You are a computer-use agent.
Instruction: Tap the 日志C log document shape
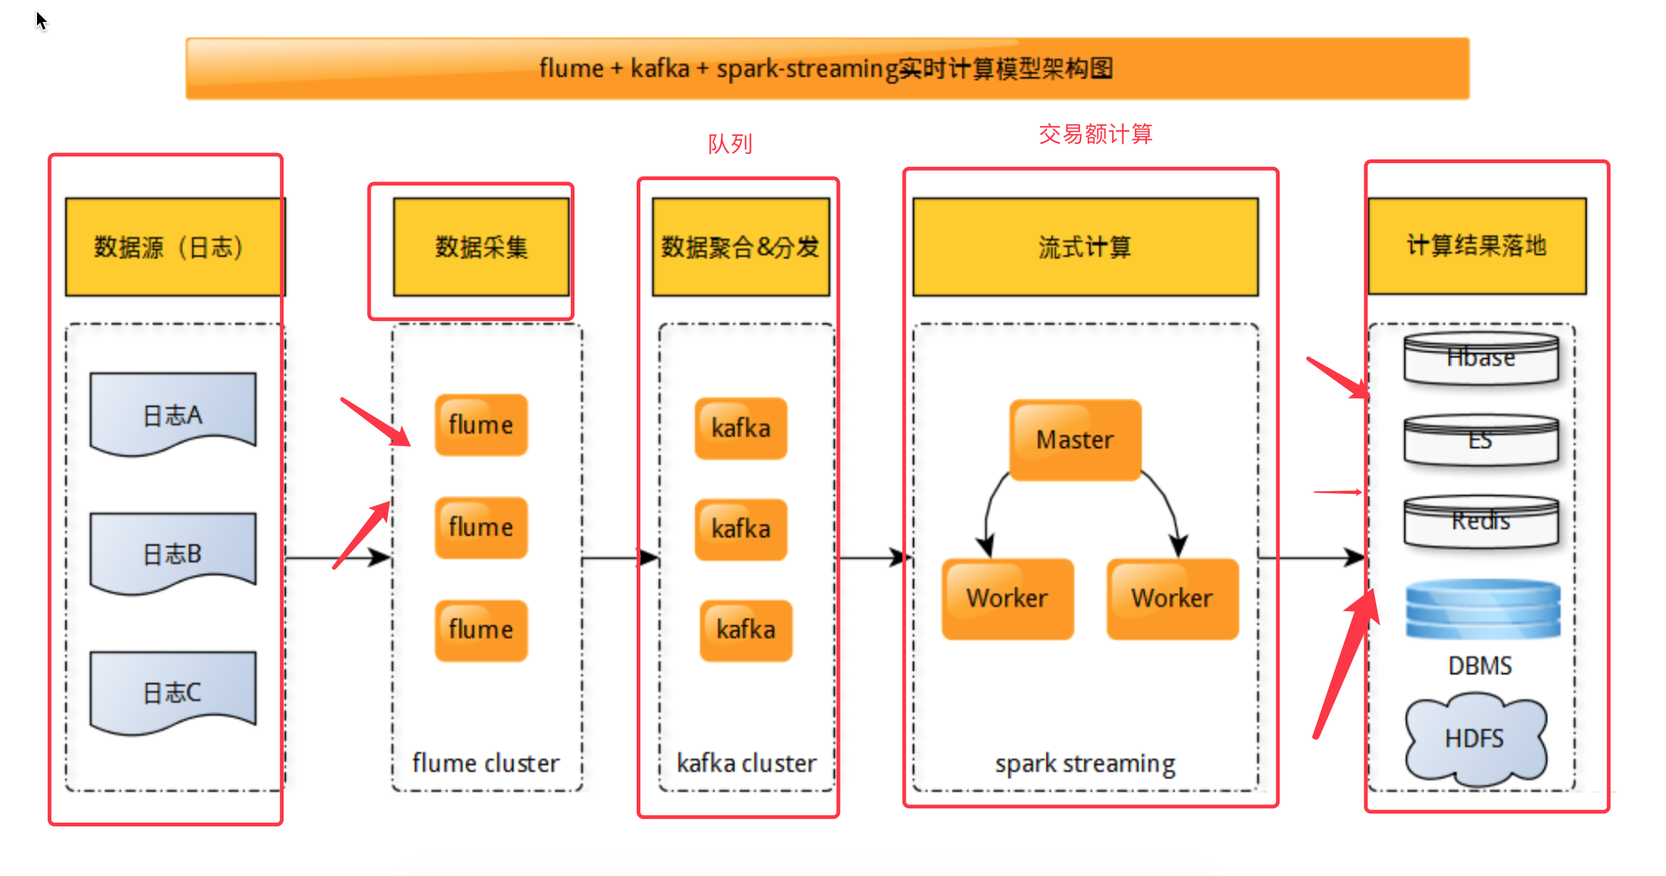[172, 692]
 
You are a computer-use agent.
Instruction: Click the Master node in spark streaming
[1075, 440]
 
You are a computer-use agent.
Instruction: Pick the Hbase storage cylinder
[1481, 358]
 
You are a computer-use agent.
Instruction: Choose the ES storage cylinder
[1481, 440]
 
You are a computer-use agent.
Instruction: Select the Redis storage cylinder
[1481, 521]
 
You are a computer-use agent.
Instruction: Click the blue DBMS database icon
[1482, 609]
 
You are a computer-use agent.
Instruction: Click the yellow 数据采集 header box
[481, 247]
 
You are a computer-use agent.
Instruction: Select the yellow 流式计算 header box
[1085, 247]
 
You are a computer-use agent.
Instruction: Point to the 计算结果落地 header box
[1477, 246]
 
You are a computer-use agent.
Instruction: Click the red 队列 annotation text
[730, 144]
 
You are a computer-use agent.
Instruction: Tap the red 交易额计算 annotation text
[1096, 134]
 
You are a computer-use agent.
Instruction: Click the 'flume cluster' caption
[485, 764]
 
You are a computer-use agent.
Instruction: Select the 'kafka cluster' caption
[746, 764]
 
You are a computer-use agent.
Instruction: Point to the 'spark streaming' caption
[1085, 764]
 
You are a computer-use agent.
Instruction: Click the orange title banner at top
[827, 68]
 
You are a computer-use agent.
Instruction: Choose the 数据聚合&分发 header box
[741, 247]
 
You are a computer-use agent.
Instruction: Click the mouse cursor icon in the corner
[41, 21]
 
